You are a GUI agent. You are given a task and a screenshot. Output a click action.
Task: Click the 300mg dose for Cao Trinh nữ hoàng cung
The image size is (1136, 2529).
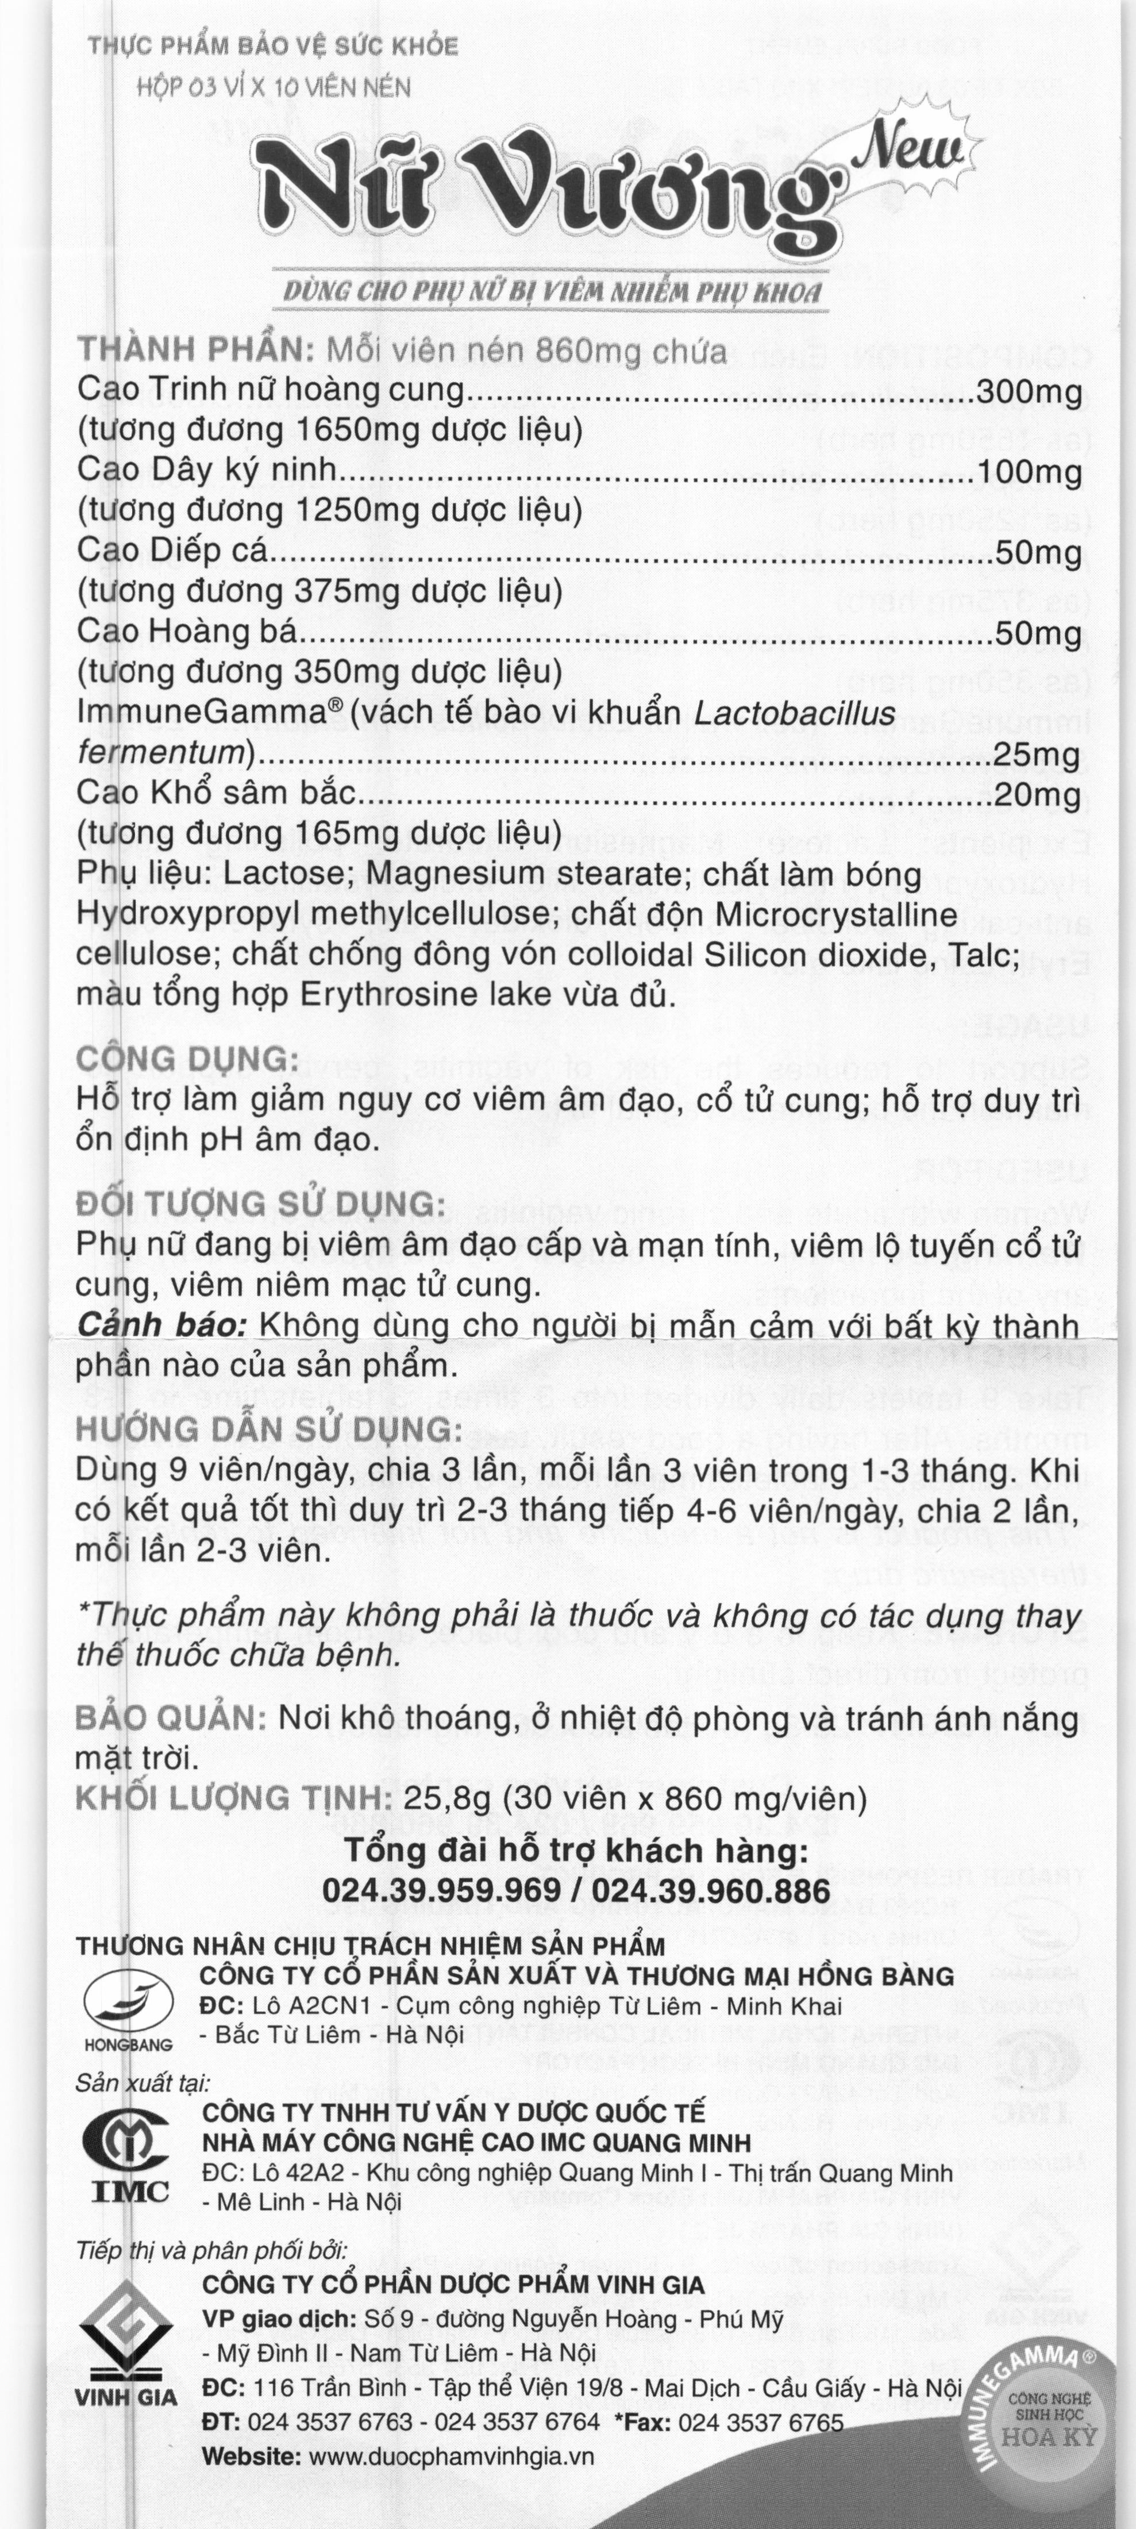1029,392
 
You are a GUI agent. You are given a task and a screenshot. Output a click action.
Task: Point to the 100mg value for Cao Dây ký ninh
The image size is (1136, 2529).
1029,472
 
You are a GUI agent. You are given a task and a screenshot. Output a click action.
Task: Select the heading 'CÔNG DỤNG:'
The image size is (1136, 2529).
187,1059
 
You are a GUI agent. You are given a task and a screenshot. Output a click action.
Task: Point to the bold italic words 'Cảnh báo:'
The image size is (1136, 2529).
162,1325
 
